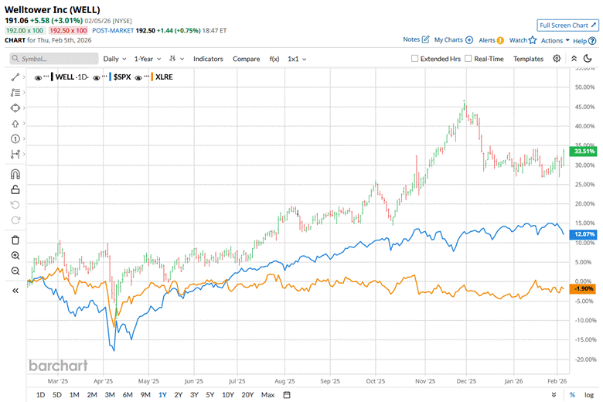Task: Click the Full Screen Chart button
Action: coord(568,25)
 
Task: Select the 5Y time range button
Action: coord(211,395)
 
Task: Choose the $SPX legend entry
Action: coord(124,77)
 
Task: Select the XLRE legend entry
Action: coord(164,77)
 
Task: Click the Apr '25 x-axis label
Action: coord(104,381)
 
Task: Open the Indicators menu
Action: coord(208,58)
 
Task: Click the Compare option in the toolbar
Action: coord(247,58)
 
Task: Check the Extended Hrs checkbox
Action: coord(415,59)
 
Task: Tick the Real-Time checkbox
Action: coord(469,59)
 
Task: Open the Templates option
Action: coord(528,58)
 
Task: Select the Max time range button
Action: coord(267,395)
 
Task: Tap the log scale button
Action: coord(589,395)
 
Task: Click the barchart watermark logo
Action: coord(59,366)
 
